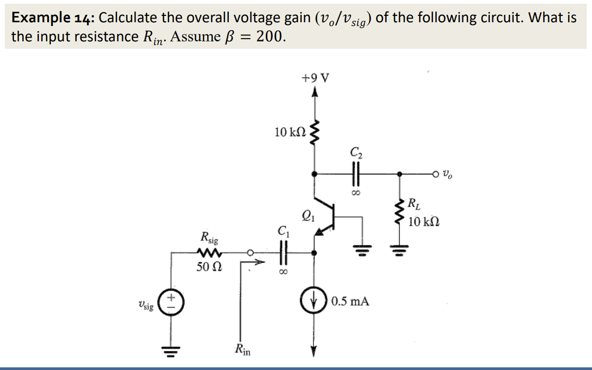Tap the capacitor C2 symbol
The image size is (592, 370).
tap(355, 173)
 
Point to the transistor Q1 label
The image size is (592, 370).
tap(306, 215)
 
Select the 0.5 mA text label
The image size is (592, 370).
tap(350, 302)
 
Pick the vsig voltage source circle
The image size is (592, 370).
tap(171, 304)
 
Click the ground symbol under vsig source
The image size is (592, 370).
tap(171, 350)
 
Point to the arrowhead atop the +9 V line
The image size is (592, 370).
tap(316, 93)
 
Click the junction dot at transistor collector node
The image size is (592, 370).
tap(316, 173)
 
